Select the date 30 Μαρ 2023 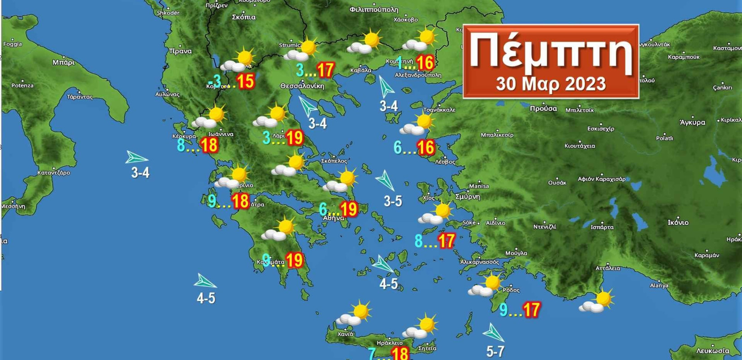[x=550, y=84]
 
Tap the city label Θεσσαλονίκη [x=302, y=86]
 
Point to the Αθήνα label [x=333, y=218]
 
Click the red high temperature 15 [x=245, y=81]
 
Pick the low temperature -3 [x=215, y=81]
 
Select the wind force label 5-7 [x=495, y=351]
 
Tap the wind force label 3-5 [x=393, y=201]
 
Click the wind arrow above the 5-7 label [x=493, y=333]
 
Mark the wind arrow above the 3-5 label [x=385, y=180]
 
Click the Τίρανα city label [x=180, y=51]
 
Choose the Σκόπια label [x=243, y=17]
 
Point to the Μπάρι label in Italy [x=63, y=62]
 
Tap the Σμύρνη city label [x=468, y=197]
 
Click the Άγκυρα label [x=692, y=122]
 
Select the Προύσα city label [x=543, y=108]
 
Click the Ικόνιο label [x=678, y=222]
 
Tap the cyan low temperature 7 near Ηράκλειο [x=371, y=354]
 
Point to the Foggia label [x=12, y=44]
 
